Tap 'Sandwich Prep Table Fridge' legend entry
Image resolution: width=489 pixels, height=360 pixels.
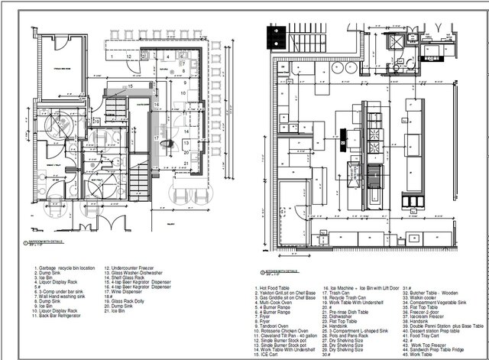point(436,349)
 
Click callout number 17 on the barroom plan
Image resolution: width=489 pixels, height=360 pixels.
point(155,138)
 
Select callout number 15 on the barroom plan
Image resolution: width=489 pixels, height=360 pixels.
point(131,87)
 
